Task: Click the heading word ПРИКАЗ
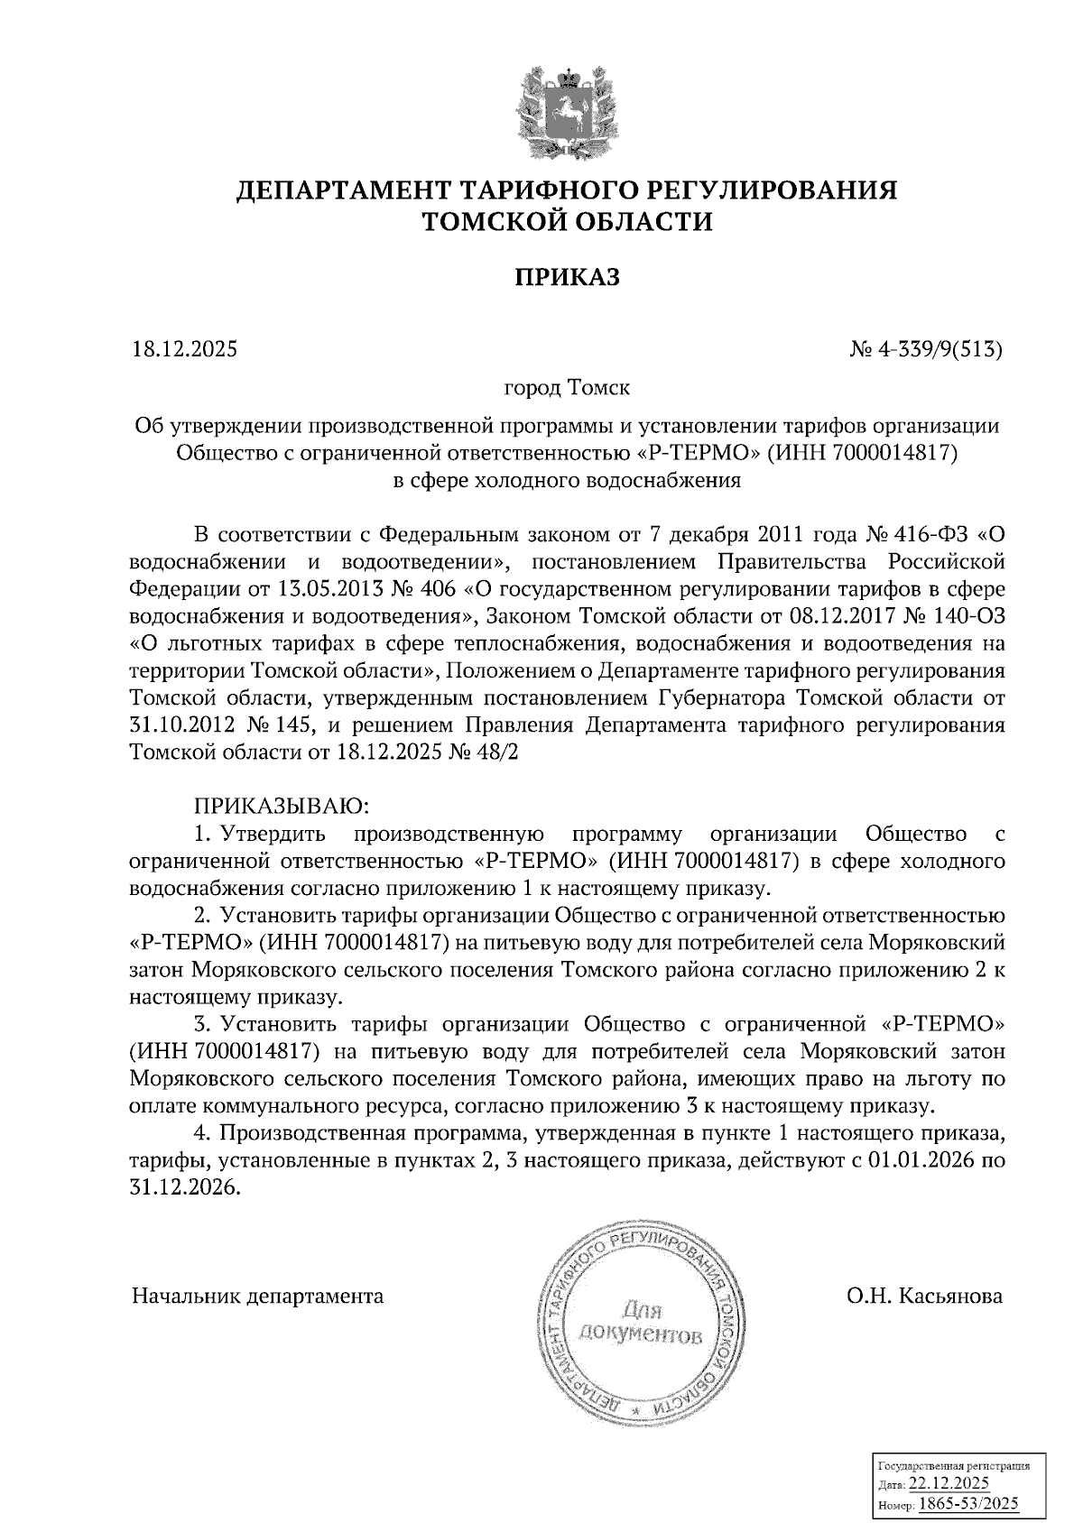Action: tap(567, 278)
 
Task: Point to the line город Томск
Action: tap(567, 389)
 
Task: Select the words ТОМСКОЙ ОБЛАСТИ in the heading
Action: tap(567, 221)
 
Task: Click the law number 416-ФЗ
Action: tap(933, 534)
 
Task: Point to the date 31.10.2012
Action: tap(184, 726)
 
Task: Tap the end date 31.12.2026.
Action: tap(184, 1188)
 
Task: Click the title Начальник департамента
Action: tap(258, 1297)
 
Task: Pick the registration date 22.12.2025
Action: tap(949, 1484)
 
